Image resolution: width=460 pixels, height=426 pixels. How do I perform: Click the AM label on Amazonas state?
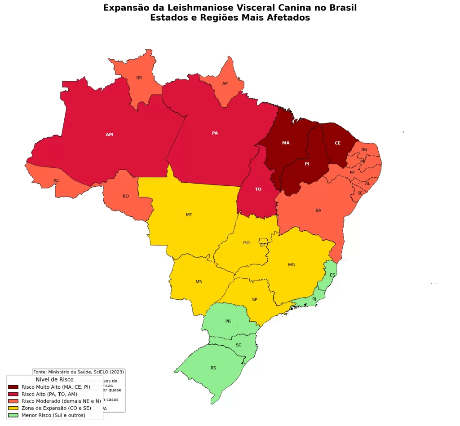(109, 135)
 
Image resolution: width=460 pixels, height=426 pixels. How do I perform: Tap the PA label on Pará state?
(215, 133)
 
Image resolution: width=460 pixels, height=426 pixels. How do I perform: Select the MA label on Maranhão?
(286, 143)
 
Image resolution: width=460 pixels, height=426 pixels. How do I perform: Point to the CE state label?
(337, 143)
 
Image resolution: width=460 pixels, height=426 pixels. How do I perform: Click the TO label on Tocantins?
(258, 189)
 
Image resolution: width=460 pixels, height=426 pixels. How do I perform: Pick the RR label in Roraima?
(139, 78)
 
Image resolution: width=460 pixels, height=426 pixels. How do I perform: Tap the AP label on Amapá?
(225, 83)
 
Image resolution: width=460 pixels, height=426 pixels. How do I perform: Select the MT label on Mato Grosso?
(189, 215)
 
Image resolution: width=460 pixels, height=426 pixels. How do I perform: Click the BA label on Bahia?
(318, 210)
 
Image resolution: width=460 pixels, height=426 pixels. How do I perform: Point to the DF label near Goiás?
(263, 245)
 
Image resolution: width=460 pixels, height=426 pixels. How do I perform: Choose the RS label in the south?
(213, 368)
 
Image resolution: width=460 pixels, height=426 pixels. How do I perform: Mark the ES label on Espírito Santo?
(332, 275)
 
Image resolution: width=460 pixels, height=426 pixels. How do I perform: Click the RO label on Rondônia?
(126, 196)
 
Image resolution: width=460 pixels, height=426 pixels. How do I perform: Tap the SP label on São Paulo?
(255, 299)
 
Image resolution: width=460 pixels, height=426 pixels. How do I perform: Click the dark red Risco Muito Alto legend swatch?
(13, 387)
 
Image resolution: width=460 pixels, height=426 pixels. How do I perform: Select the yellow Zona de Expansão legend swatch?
(13, 408)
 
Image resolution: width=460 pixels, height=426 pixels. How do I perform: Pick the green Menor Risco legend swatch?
(13, 416)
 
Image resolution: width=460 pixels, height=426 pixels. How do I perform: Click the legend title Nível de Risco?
(54, 380)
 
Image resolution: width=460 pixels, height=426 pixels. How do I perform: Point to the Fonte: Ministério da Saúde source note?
(79, 372)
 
